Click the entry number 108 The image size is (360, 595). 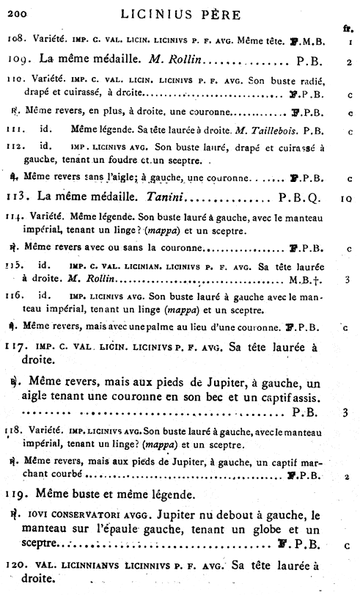tap(16, 43)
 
